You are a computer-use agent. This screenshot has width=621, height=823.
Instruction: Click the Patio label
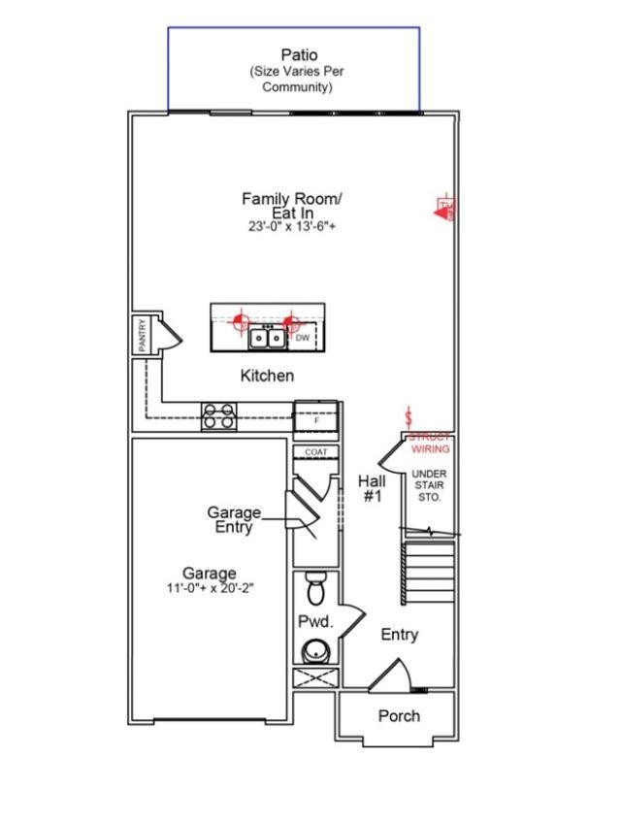[299, 55]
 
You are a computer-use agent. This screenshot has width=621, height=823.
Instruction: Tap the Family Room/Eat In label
[292, 205]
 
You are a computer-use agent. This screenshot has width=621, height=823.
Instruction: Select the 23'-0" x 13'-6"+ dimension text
[292, 226]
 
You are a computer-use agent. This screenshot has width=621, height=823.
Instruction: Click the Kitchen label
[267, 376]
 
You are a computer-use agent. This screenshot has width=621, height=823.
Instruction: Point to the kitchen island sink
[265, 339]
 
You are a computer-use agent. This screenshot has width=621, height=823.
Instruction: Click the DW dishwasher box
[303, 338]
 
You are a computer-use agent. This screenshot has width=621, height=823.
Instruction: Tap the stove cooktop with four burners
[218, 416]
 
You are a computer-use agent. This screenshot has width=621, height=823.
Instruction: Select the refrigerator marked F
[315, 419]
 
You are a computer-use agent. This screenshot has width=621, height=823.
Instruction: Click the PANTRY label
[142, 335]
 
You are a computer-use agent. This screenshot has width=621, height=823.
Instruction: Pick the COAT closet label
[315, 453]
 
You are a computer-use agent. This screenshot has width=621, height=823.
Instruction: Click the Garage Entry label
[234, 519]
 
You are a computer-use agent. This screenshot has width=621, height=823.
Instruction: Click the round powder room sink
[315, 650]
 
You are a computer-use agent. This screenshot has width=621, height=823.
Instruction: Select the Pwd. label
[314, 620]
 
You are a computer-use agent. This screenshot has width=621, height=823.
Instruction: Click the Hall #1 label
[374, 488]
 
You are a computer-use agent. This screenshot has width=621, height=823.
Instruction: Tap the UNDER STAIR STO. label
[428, 485]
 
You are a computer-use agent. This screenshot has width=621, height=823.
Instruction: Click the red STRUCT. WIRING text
[430, 444]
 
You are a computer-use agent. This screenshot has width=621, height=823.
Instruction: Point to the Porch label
[399, 716]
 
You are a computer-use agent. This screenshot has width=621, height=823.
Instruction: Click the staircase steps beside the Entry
[428, 573]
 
